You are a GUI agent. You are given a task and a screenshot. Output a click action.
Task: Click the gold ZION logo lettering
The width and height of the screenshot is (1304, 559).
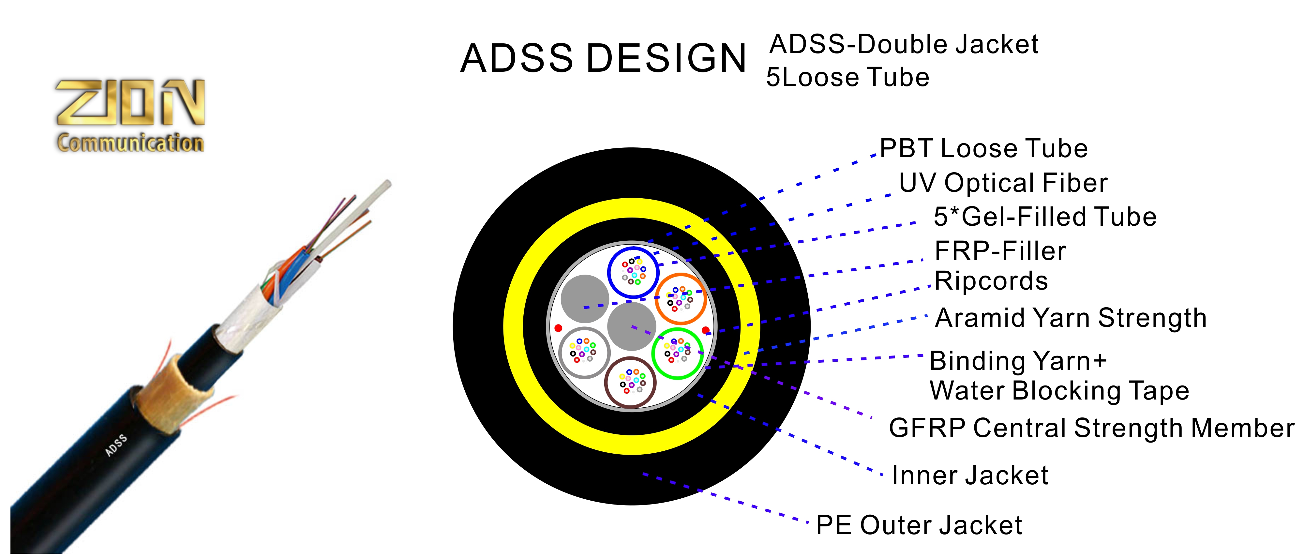click(130, 102)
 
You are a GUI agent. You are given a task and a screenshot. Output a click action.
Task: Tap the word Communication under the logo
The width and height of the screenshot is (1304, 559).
click(130, 143)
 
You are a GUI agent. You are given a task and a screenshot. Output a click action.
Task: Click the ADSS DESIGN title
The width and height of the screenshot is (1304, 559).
click(603, 58)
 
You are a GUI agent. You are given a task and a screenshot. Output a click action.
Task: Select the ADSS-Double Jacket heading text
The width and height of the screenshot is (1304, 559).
click(904, 45)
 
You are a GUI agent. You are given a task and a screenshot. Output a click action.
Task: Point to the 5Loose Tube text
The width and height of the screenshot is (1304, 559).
click(847, 78)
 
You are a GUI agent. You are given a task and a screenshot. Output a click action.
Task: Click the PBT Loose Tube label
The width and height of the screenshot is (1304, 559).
click(983, 149)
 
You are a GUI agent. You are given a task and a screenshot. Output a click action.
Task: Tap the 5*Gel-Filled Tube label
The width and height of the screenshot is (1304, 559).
click(1045, 217)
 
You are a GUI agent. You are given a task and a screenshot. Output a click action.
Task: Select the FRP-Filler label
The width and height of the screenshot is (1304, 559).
click(1000, 251)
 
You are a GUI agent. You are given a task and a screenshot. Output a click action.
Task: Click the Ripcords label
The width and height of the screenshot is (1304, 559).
click(991, 281)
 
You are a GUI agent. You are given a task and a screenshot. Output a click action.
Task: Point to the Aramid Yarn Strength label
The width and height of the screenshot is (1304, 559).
click(1071, 318)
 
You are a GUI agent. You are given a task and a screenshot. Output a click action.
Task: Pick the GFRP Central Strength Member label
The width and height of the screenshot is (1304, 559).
click(1091, 428)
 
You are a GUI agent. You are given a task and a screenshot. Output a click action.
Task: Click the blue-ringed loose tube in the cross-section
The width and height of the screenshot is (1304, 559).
click(633, 272)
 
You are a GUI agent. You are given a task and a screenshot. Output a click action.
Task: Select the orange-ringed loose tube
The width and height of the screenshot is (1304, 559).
click(680, 299)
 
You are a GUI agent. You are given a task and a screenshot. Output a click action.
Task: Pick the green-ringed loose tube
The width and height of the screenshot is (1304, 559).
click(677, 353)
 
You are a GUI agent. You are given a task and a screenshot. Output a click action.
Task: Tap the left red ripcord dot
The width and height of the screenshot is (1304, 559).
click(558, 328)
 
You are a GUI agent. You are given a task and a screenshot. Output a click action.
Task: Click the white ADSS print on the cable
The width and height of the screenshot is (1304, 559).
click(116, 445)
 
